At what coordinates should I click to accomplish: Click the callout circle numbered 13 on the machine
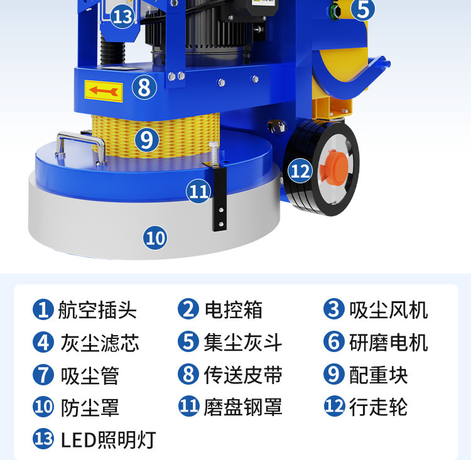(122, 16)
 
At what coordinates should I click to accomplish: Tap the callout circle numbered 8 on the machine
(144, 87)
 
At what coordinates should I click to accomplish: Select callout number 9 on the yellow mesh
(147, 139)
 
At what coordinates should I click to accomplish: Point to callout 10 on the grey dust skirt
(155, 238)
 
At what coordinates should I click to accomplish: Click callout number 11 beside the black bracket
(198, 191)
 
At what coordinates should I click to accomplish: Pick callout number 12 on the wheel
(300, 171)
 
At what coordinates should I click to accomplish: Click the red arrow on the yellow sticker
(104, 90)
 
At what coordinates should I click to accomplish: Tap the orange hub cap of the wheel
(333, 166)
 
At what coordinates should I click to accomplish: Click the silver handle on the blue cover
(80, 147)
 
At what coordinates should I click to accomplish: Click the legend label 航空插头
(97, 310)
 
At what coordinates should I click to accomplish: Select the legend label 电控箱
(234, 309)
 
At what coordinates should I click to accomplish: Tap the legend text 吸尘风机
(388, 310)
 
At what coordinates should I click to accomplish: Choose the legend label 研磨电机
(388, 343)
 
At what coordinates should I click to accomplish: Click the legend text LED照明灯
(109, 440)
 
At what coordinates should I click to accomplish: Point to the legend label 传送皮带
(243, 375)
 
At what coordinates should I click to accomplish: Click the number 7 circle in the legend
(43, 375)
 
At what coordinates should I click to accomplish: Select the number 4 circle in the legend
(43, 342)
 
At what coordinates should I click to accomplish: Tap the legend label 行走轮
(378, 407)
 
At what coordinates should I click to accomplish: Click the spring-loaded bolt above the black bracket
(214, 154)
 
